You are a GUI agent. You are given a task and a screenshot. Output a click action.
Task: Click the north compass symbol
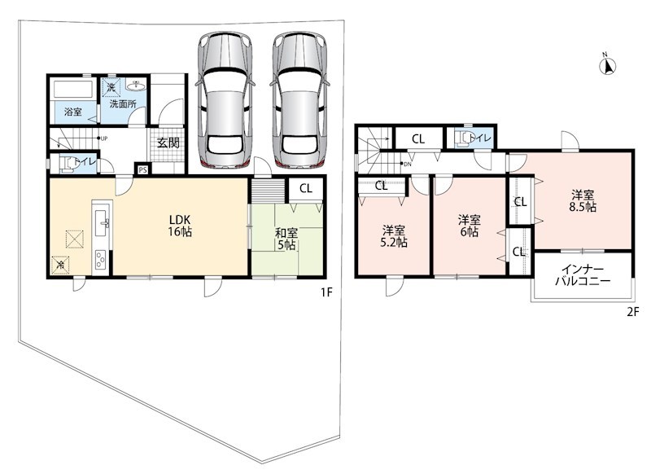pos(607,65)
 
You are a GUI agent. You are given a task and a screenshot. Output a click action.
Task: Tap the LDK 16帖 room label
pos(180,226)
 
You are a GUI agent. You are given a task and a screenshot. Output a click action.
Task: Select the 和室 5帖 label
pos(286,239)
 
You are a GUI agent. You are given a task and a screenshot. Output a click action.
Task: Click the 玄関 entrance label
pos(168,143)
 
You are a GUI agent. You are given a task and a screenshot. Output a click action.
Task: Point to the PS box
pos(143,169)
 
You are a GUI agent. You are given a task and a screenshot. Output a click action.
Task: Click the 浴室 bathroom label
pos(73,112)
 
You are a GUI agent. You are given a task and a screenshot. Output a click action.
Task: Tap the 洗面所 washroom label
pos(123,104)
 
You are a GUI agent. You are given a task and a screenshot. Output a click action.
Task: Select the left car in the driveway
pos(225,100)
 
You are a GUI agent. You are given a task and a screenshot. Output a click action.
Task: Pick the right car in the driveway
pos(299,100)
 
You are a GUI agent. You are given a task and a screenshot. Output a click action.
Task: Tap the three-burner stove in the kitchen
pos(101,261)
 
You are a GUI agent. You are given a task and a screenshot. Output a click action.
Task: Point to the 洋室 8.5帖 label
pos(583,200)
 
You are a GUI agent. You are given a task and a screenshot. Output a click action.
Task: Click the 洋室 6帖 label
pos(470,226)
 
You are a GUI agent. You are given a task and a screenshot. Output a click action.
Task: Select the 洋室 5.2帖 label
pos(394,236)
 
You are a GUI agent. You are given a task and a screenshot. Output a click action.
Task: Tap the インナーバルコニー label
pos(583,274)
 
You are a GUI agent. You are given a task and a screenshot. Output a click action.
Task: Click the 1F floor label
pos(326,292)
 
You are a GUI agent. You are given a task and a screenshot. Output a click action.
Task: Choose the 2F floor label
pos(632,312)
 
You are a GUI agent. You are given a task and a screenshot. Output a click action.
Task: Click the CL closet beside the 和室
pos(306,189)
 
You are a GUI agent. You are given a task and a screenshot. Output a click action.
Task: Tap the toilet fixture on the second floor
pos(464,138)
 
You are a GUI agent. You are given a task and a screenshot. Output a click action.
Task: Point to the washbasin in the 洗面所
pos(136,86)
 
